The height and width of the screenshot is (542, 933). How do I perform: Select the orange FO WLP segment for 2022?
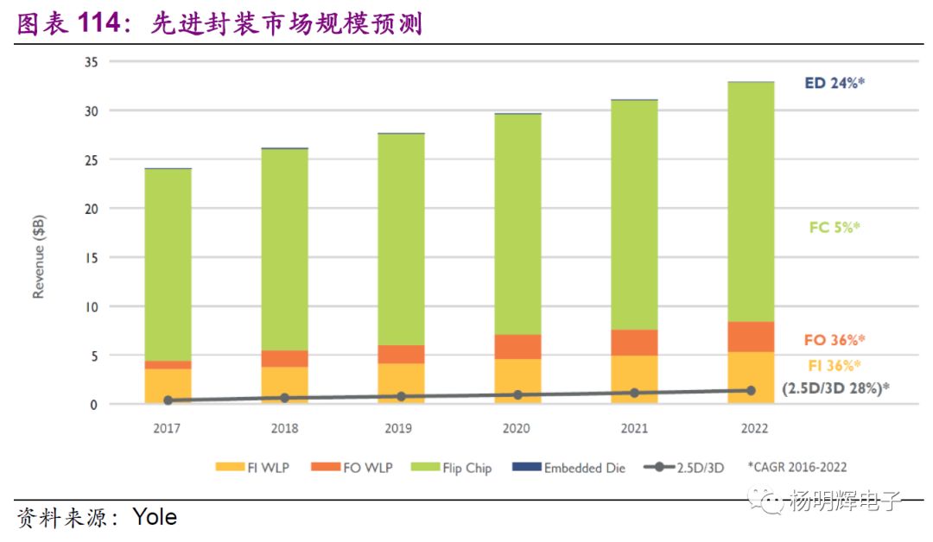751,337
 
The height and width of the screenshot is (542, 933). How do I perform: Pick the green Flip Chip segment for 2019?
401,240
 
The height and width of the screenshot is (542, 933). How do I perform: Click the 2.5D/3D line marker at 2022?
751,390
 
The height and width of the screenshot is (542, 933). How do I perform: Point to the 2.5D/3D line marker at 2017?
168,400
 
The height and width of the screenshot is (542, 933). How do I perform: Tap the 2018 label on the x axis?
284,428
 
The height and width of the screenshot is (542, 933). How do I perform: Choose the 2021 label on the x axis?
634,428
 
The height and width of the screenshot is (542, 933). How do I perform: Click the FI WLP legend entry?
251,467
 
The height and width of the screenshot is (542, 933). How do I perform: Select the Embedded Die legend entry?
569,467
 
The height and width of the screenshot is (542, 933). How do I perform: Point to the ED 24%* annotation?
835,84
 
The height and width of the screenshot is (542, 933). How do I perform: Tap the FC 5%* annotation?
835,228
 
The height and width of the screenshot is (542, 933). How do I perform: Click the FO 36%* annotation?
835,340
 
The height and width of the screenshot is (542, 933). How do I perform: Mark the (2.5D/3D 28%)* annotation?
835,388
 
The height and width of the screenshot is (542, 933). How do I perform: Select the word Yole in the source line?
155,517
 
